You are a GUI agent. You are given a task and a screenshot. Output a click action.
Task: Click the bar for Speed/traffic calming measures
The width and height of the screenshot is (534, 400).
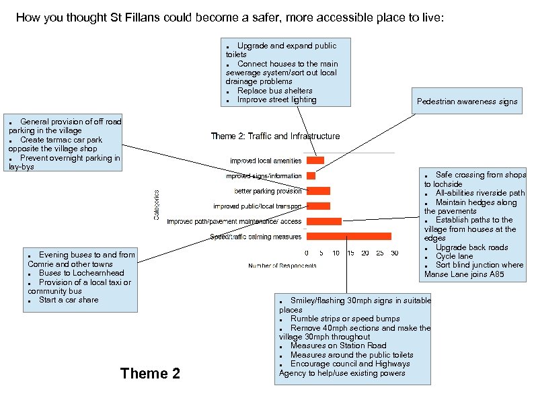(348, 237)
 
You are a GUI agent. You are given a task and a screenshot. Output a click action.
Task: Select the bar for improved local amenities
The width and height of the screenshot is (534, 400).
(315, 161)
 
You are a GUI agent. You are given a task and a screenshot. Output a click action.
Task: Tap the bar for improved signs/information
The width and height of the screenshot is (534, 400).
(311, 176)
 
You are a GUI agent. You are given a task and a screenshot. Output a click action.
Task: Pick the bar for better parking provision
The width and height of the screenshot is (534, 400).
(318, 191)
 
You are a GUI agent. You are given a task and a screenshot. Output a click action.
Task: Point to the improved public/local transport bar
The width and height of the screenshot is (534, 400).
(318, 206)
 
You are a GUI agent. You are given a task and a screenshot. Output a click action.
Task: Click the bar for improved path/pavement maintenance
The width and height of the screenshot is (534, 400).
(323, 221)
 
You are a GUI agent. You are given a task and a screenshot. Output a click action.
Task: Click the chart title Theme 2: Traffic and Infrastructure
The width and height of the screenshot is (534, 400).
(275, 136)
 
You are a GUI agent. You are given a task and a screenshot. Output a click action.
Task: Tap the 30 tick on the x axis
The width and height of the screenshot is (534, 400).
(394, 253)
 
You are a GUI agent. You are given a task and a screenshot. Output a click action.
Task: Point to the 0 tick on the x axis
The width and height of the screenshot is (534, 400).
(307, 253)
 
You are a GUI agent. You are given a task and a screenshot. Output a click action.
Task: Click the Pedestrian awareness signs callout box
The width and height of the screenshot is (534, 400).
(467, 102)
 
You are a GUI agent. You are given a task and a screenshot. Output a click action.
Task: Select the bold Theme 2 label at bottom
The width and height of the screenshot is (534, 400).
(150, 373)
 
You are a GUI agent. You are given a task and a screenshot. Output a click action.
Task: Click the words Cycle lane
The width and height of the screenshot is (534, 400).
(454, 256)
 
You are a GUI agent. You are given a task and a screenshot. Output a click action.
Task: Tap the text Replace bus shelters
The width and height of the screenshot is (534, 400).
(274, 91)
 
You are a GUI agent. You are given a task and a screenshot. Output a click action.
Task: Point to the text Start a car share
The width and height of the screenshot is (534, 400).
(68, 300)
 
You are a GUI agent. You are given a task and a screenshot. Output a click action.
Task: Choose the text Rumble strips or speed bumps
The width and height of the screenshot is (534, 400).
(345, 319)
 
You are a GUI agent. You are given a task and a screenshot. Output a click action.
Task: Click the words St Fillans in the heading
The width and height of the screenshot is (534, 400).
(134, 17)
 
